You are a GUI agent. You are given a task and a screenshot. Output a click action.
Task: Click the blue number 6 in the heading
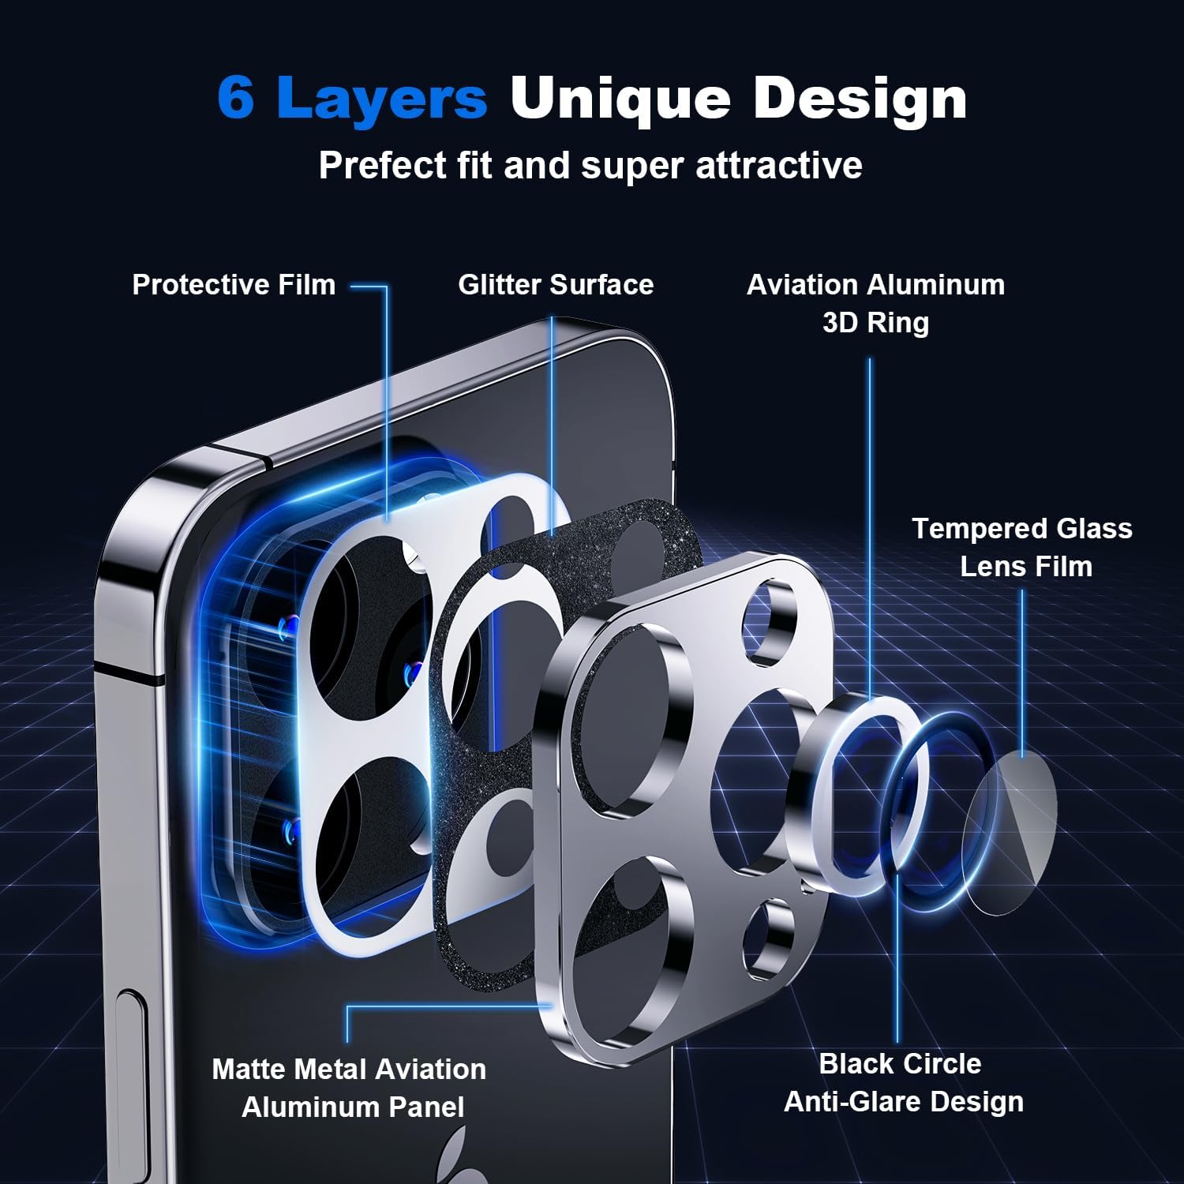coord(236,98)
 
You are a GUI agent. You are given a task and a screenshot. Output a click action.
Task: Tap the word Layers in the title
coord(383,98)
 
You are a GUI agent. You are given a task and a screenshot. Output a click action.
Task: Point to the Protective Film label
coord(234,284)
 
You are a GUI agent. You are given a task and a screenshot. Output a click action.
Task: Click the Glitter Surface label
coord(556,284)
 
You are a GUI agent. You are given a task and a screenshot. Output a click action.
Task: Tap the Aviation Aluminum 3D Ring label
coord(875,303)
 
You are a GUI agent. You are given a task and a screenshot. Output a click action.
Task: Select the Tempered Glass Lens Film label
coord(1023,547)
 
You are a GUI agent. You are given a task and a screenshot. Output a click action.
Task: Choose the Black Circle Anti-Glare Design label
coord(903,1082)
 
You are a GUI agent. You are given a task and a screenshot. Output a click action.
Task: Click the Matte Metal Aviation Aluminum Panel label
coord(350,1088)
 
